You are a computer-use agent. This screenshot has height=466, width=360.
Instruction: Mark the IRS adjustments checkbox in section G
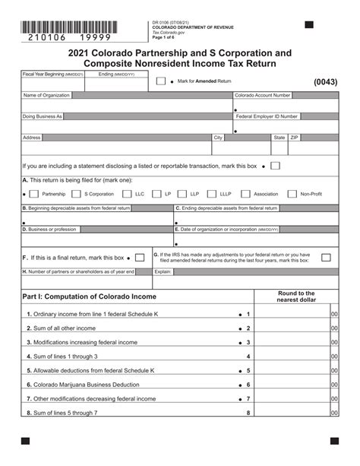click(326, 258)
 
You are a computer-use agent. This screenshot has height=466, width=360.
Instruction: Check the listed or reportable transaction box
click(275, 166)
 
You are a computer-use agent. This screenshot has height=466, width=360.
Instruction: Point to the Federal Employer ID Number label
click(267, 116)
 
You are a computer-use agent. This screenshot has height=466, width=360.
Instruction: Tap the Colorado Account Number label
click(262, 96)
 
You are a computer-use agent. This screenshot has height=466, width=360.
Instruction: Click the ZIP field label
click(295, 138)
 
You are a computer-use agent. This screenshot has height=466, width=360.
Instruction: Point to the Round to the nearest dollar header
click(295, 296)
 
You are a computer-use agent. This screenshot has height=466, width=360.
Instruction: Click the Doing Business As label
click(43, 116)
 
